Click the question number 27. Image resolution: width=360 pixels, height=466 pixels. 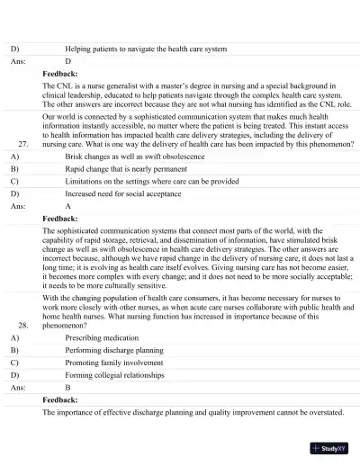tap(24, 143)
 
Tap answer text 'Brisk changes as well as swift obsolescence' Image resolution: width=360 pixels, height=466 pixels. tap(135, 156)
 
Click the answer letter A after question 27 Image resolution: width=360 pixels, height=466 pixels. tap(68, 206)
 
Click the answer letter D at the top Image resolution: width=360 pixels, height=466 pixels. tap(68, 61)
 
